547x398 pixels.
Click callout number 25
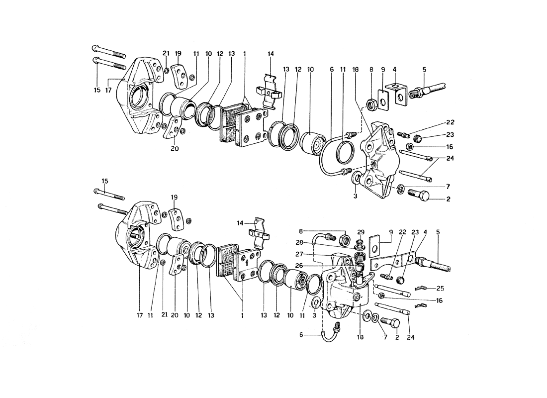coord(440,289)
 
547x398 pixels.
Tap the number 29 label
coord(361,232)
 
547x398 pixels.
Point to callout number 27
coord(299,254)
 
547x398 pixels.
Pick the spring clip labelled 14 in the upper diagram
coord(271,90)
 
